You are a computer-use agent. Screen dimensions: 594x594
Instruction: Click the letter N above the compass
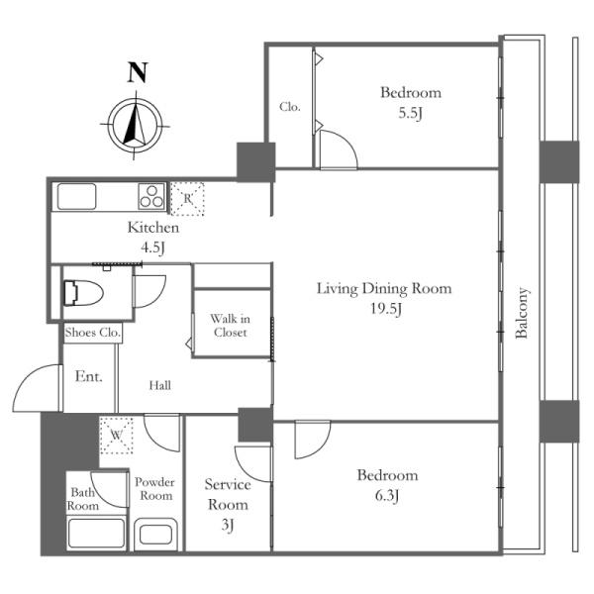(x=138, y=72)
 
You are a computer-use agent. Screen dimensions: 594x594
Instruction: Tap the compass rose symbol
(x=135, y=125)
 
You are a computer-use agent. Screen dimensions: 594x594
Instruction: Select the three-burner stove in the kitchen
(x=151, y=196)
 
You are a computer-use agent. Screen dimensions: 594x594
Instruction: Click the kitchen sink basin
(x=76, y=196)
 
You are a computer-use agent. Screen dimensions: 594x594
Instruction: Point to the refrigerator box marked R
(x=187, y=199)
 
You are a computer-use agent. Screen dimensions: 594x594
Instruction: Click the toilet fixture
(x=83, y=293)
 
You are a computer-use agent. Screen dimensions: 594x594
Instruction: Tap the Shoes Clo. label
(x=93, y=333)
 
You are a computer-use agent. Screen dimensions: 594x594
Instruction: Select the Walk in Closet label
(x=230, y=326)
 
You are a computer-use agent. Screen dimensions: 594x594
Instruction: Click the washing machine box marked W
(x=116, y=436)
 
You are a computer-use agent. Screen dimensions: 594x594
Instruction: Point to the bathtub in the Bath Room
(x=97, y=533)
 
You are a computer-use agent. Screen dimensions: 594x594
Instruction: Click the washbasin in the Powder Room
(x=155, y=535)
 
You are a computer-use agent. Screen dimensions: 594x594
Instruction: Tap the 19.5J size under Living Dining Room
(x=386, y=309)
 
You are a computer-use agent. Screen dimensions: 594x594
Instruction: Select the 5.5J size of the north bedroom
(x=410, y=113)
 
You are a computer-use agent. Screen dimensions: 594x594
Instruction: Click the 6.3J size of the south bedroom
(x=387, y=496)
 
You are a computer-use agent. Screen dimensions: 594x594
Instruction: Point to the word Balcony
(x=522, y=313)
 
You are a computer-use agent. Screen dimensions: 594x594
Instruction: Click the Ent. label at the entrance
(x=89, y=376)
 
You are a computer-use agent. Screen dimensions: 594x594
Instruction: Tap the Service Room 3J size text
(x=228, y=525)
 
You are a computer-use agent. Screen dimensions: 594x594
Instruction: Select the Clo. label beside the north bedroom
(x=290, y=107)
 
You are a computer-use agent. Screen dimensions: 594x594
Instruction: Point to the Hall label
(x=159, y=386)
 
